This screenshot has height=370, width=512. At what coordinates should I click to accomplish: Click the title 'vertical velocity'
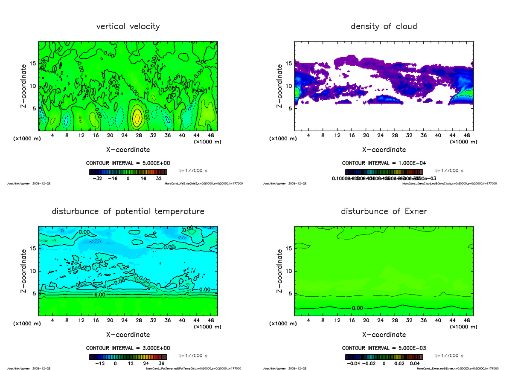click(x=128, y=26)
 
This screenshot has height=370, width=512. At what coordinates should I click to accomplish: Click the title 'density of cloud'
click(x=384, y=26)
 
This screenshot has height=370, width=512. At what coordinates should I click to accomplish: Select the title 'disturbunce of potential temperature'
click(x=128, y=211)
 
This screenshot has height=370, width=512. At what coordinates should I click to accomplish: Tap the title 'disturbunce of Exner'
click(x=384, y=211)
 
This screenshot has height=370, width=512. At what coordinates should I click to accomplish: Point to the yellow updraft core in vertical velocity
click(x=137, y=118)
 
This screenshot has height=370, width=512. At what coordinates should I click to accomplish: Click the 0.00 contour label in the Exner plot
click(x=358, y=307)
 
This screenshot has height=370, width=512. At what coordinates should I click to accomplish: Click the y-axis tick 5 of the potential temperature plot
click(x=34, y=294)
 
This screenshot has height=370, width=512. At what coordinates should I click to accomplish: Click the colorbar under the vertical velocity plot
click(x=128, y=172)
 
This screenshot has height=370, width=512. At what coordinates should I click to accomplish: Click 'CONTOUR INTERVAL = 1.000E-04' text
click(x=384, y=163)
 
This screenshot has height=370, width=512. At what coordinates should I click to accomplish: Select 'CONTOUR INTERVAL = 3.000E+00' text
click(x=128, y=348)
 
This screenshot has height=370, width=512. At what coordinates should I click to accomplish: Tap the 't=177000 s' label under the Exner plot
click(x=449, y=356)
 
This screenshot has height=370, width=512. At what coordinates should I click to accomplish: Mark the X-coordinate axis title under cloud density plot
click(x=384, y=150)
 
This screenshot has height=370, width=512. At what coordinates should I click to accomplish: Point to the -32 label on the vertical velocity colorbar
click(x=98, y=179)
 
